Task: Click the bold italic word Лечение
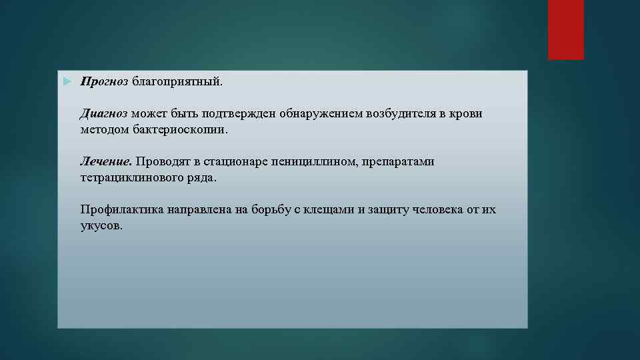click(x=107, y=162)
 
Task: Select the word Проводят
click(x=164, y=162)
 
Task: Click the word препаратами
click(x=398, y=162)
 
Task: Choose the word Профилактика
click(x=122, y=210)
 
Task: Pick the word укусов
click(x=101, y=226)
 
